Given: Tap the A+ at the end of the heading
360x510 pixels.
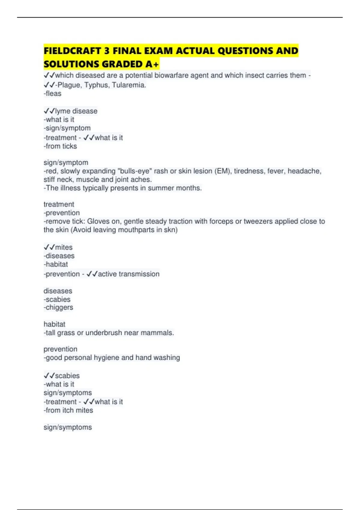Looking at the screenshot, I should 153,64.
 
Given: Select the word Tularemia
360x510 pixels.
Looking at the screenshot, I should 129,85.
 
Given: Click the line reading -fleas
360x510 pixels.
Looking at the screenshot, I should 52,94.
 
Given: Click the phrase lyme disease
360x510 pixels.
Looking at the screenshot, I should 76,111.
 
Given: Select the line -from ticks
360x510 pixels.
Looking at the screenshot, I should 60,146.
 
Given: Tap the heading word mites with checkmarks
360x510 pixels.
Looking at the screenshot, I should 64,247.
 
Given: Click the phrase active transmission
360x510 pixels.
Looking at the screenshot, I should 129,274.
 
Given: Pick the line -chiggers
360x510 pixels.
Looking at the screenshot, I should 58,307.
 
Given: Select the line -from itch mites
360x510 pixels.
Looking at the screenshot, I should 68,410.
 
